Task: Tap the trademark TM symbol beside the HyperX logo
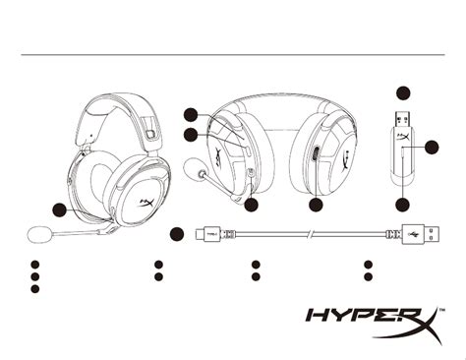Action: point(441,309)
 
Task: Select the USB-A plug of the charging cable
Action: point(421,234)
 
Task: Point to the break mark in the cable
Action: point(310,234)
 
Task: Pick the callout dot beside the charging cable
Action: point(177,234)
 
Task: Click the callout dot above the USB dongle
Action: point(403,93)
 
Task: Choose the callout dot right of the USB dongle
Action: point(432,148)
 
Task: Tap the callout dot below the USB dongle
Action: point(402,205)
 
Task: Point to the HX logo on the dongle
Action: point(403,136)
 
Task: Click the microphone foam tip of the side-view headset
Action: point(38,234)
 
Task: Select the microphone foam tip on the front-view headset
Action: point(194,168)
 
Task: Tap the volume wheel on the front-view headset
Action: point(316,153)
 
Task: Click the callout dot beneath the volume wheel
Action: point(316,205)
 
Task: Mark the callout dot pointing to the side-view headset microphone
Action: point(60,210)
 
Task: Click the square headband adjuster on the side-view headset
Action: point(150,134)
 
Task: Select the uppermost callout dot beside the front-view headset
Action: point(191,115)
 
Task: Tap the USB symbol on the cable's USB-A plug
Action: point(414,234)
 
